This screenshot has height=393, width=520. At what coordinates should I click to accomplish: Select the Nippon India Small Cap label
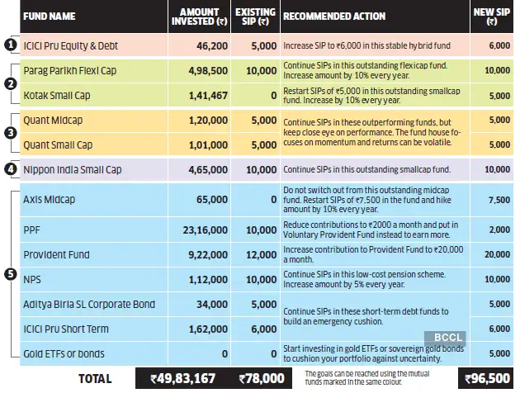(x=72, y=169)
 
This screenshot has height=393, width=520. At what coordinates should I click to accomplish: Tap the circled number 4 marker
(x=9, y=169)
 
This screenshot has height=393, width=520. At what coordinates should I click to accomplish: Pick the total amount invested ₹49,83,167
(x=182, y=378)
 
